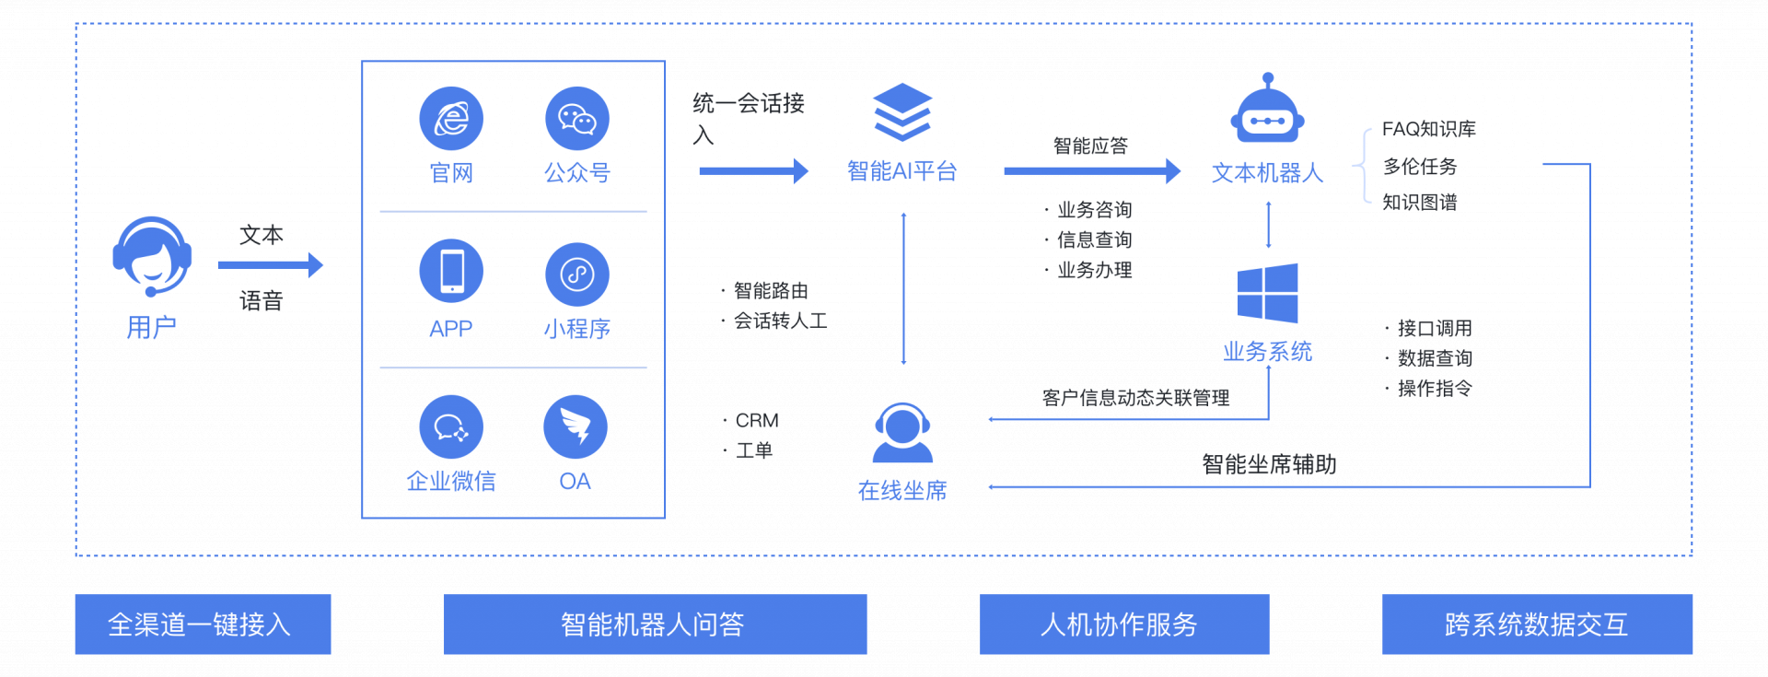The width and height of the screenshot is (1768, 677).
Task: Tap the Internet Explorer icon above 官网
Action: pyautogui.click(x=451, y=119)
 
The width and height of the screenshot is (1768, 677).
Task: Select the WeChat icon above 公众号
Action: pyautogui.click(x=577, y=119)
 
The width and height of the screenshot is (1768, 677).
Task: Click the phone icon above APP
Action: pyautogui.click(x=451, y=271)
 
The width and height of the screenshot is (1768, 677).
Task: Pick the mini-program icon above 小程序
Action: pyautogui.click(x=577, y=274)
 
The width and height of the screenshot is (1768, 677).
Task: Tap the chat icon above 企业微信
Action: pyautogui.click(x=451, y=427)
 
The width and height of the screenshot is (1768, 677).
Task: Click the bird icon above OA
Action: pyautogui.click(x=576, y=427)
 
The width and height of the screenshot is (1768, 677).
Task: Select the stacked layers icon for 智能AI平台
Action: pyautogui.click(x=902, y=111)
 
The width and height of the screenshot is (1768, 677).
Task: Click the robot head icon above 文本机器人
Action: pyautogui.click(x=1268, y=111)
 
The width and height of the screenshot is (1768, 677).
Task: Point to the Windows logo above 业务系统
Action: pyautogui.click(x=1268, y=293)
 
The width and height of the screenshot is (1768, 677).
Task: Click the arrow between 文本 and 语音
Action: pyautogui.click(x=270, y=265)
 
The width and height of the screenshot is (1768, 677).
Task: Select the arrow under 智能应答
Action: pyautogui.click(x=1091, y=171)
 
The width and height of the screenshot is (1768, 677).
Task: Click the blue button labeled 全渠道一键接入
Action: pyautogui.click(x=203, y=624)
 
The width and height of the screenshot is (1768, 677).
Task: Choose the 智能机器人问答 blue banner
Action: pyautogui.click(x=655, y=624)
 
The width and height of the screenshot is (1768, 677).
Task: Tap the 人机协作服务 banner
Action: pyautogui.click(x=1123, y=624)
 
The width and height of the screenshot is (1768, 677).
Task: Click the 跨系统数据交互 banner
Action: pyautogui.click(x=1537, y=624)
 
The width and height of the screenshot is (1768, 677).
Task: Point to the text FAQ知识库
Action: pyautogui.click(x=1428, y=129)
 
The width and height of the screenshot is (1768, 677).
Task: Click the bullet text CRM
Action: pyautogui.click(x=757, y=421)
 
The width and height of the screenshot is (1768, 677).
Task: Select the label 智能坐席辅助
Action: pyautogui.click(x=1269, y=464)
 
